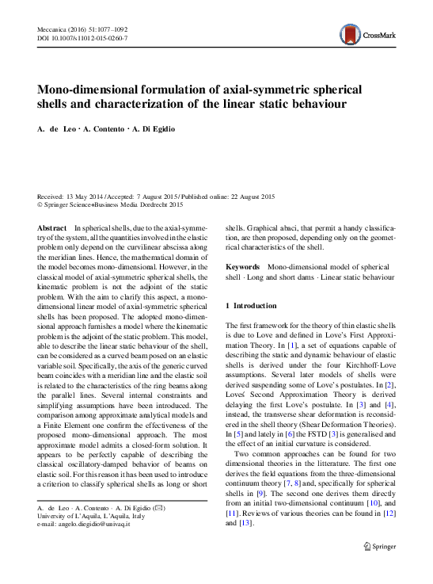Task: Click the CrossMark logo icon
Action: [x=348, y=33]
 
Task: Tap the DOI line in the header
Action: [x=83, y=38]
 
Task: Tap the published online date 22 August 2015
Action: [x=242, y=196]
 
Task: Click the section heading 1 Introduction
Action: [x=251, y=305]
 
